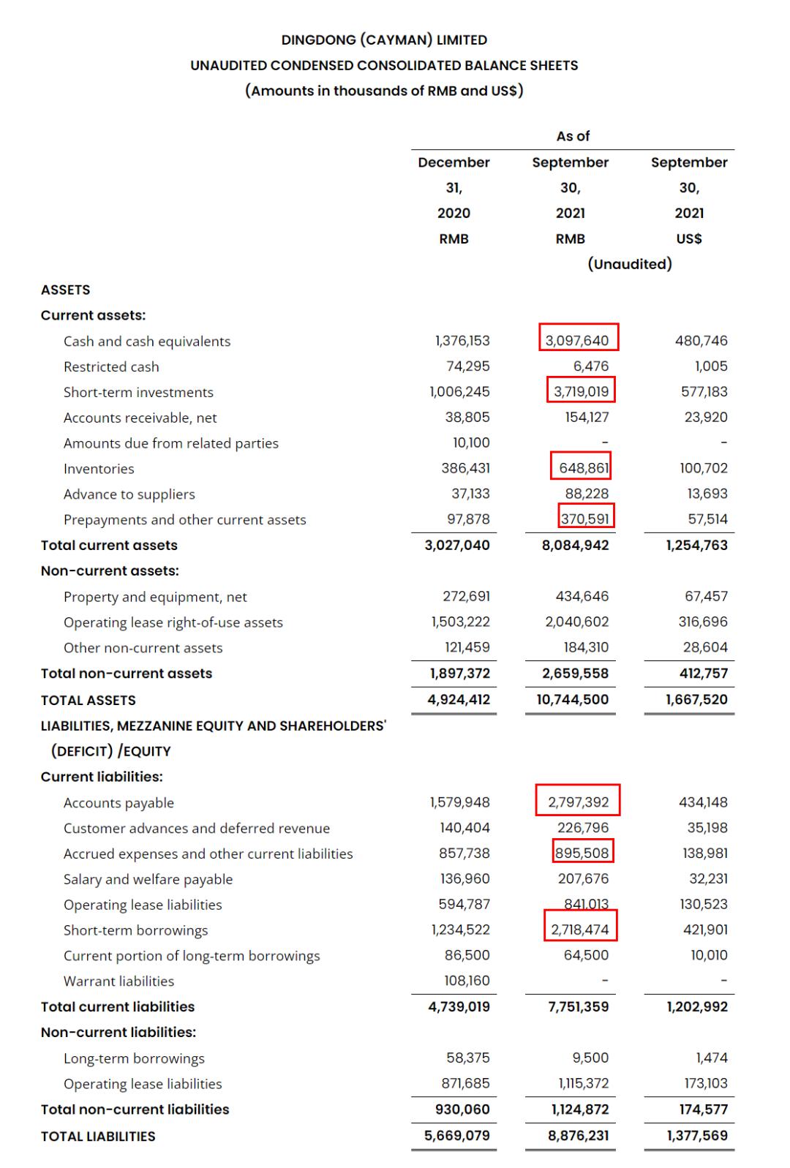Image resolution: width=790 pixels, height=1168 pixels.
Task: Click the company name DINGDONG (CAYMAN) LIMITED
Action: click(384, 40)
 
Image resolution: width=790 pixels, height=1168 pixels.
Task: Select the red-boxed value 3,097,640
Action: click(578, 341)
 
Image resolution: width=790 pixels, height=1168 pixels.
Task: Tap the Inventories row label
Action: click(99, 469)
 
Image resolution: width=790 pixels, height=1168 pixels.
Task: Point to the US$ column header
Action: click(689, 238)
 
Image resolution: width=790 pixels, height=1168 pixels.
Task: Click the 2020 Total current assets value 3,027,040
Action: click(457, 546)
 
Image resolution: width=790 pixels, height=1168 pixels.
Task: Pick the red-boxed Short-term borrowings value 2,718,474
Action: click(580, 930)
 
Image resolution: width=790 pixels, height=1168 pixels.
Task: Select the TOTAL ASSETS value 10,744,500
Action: click(572, 699)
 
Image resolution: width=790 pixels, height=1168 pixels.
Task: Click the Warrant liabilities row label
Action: click(118, 981)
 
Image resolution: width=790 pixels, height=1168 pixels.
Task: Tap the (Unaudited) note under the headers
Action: click(630, 264)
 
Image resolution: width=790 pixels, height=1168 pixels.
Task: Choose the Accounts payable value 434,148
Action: click(703, 802)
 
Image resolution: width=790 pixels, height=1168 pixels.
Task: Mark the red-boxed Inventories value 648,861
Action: click(583, 468)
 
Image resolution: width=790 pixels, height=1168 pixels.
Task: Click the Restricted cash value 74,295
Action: click(468, 366)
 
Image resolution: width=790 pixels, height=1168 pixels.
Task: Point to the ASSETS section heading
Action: click(66, 290)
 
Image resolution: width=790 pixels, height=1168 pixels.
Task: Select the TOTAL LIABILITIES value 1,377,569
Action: click(697, 1136)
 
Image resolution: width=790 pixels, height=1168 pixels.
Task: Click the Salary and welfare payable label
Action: click(148, 879)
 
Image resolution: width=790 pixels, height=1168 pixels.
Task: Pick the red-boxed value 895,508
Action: click(582, 853)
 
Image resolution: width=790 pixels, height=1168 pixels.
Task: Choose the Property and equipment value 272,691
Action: click(466, 597)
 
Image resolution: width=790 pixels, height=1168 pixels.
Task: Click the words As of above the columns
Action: click(573, 136)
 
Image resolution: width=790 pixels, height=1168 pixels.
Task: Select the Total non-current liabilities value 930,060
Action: click(462, 1109)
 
